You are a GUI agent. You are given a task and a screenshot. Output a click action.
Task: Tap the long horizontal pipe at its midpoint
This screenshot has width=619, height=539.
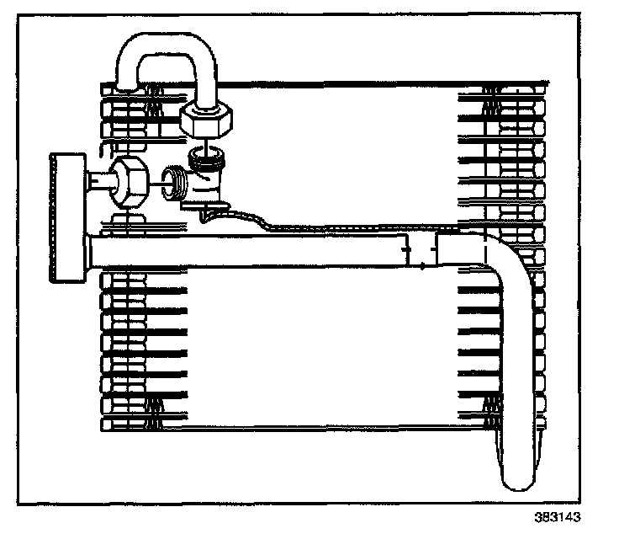pos(252,250)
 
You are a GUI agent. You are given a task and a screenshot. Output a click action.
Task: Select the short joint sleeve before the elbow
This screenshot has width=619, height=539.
pos(421,250)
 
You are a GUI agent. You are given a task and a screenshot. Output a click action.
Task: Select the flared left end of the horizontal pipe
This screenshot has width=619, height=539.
pos(91,250)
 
